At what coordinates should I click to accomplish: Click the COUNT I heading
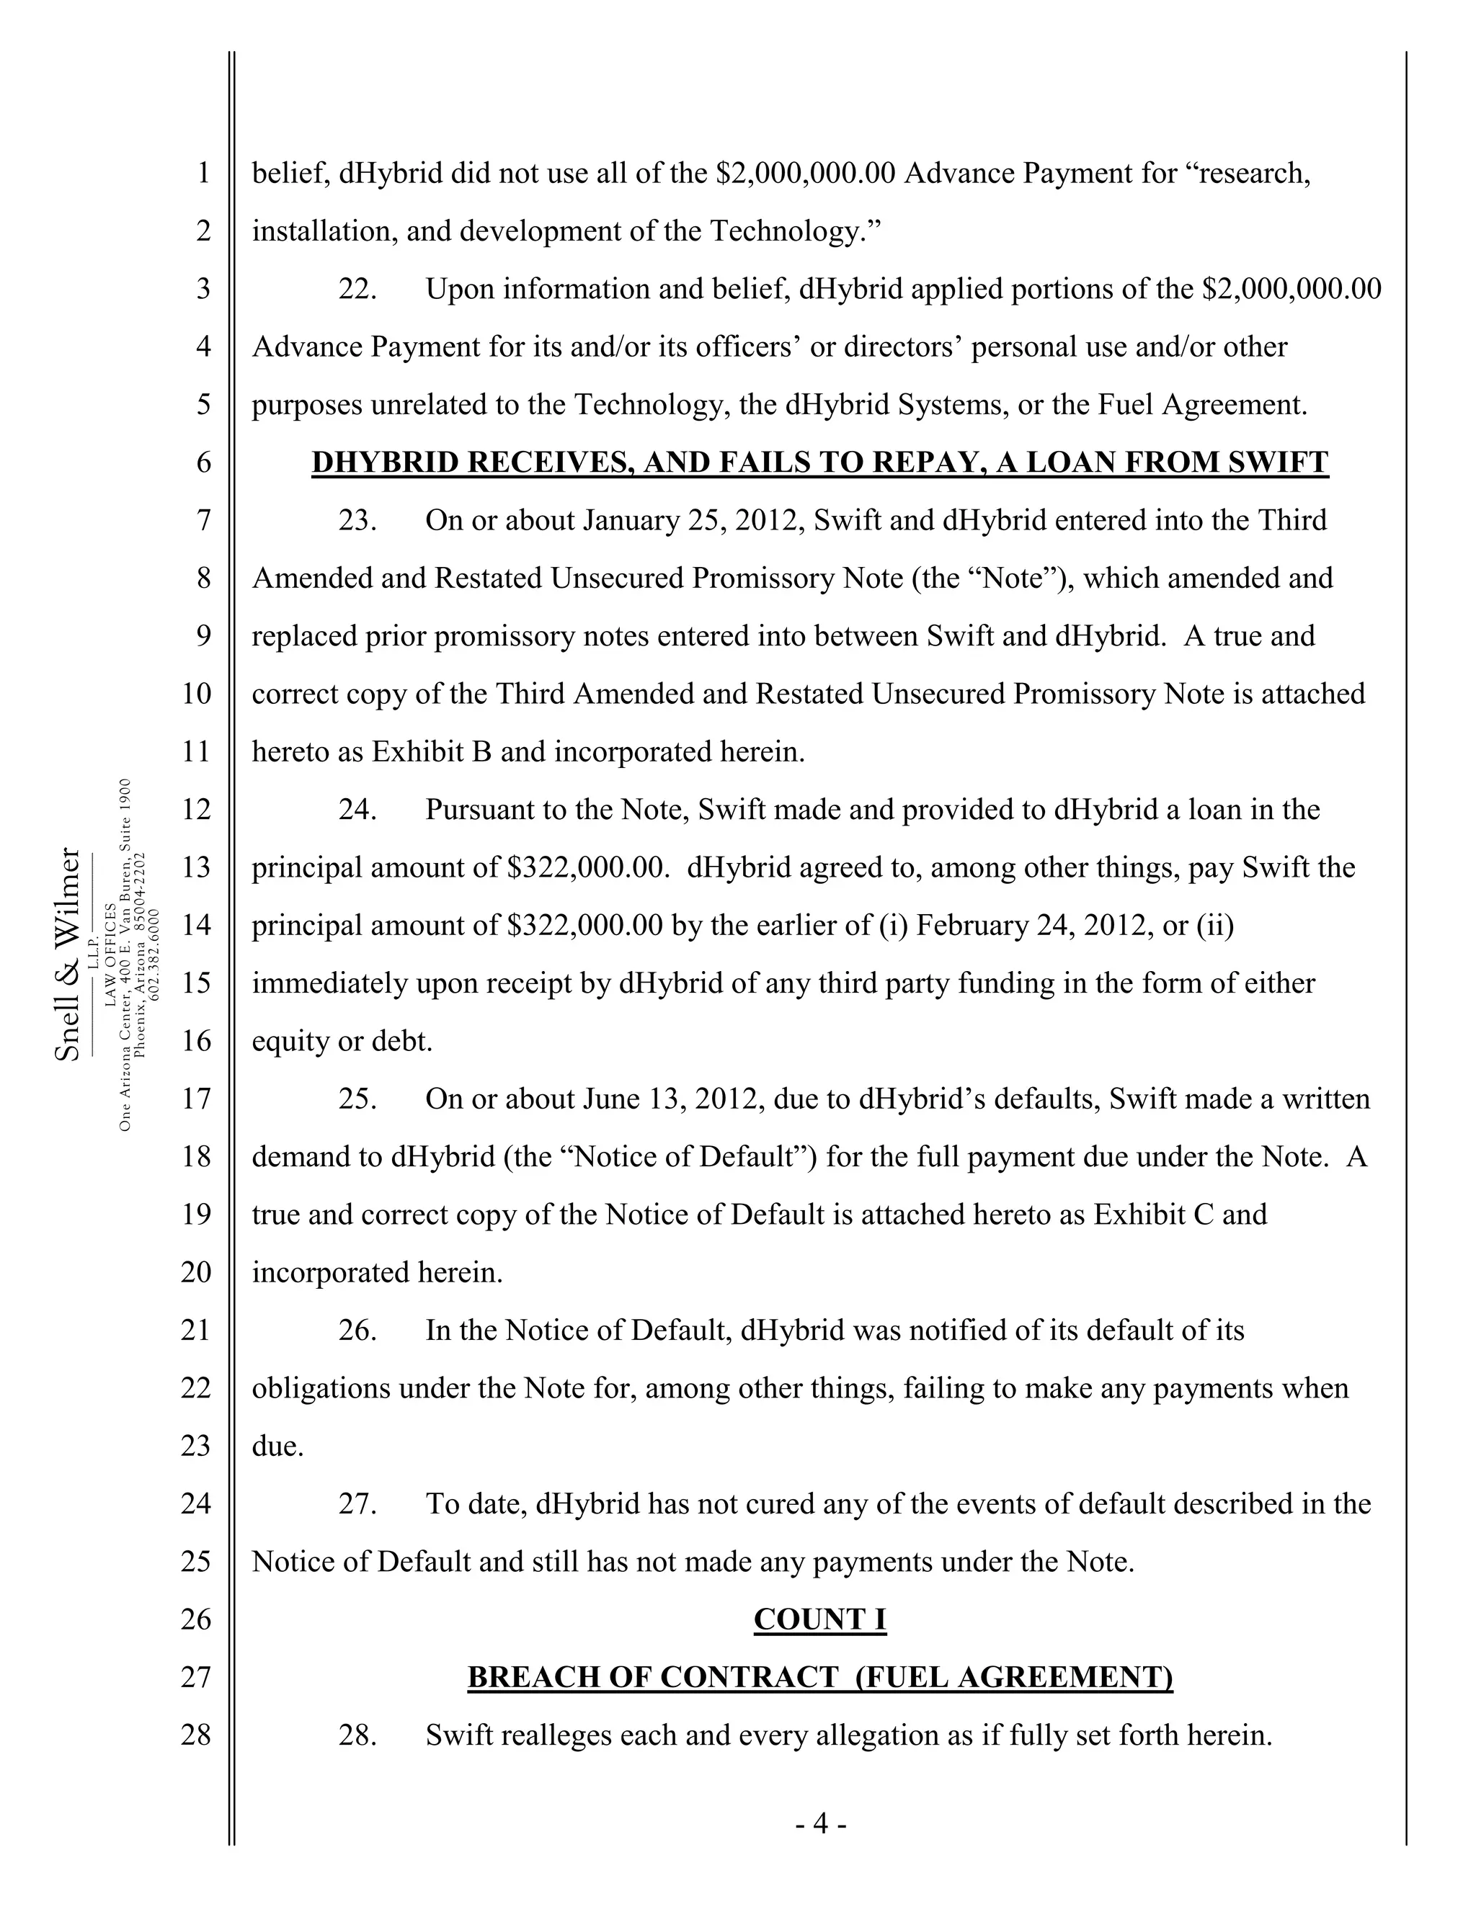[819, 1619]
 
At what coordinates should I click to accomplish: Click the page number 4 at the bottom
[819, 1823]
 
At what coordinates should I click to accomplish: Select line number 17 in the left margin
[197, 1099]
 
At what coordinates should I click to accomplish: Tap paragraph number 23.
[357, 521]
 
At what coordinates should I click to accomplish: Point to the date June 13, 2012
[673, 1099]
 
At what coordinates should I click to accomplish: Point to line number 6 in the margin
[203, 462]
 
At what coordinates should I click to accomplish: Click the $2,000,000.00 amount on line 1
[805, 173]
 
